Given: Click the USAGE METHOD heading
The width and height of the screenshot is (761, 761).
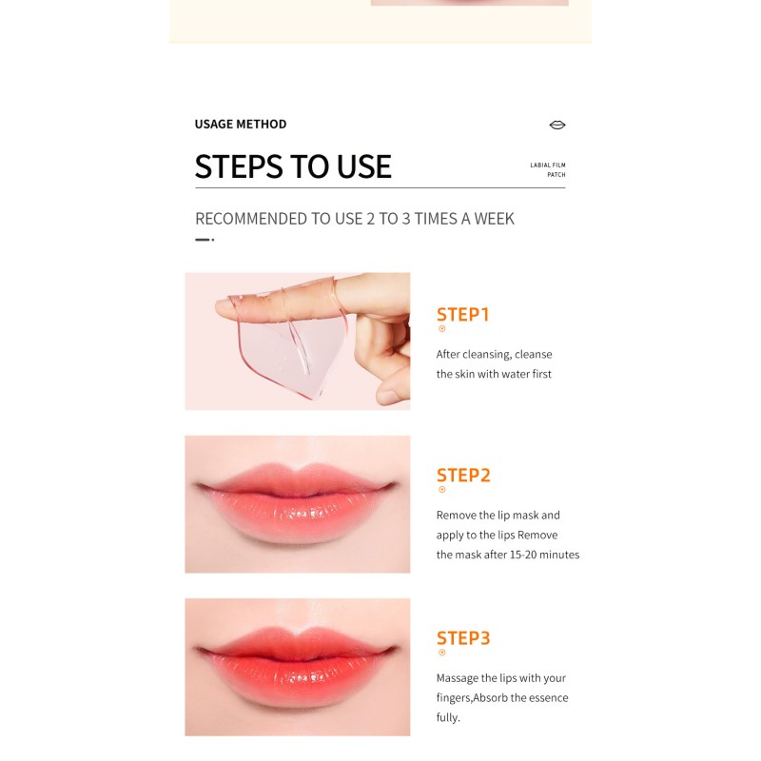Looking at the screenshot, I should (x=240, y=125).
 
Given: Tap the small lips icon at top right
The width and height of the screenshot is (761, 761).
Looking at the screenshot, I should (x=557, y=125).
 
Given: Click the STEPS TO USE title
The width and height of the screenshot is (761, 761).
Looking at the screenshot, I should (x=293, y=166).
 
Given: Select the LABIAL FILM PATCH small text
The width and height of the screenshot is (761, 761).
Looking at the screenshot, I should (x=548, y=169).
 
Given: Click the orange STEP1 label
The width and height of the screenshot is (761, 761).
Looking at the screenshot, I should (x=462, y=315).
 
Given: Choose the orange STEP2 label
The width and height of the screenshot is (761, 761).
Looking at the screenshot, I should (x=463, y=476).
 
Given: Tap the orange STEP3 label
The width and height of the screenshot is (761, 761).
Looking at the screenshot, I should (x=463, y=638).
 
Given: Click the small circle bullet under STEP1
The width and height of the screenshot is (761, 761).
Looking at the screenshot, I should (x=441, y=329).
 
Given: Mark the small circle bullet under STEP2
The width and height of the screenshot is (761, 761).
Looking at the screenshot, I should (x=441, y=490).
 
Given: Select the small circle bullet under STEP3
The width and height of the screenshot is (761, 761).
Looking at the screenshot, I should (x=441, y=653).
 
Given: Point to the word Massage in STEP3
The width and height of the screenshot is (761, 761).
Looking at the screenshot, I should (x=459, y=678).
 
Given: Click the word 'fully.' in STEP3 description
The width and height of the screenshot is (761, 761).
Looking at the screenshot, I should (x=448, y=717).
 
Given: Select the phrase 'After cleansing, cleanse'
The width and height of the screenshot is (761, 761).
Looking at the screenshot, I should (x=494, y=355).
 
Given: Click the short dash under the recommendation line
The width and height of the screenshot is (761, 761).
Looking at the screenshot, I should (x=202, y=240).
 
